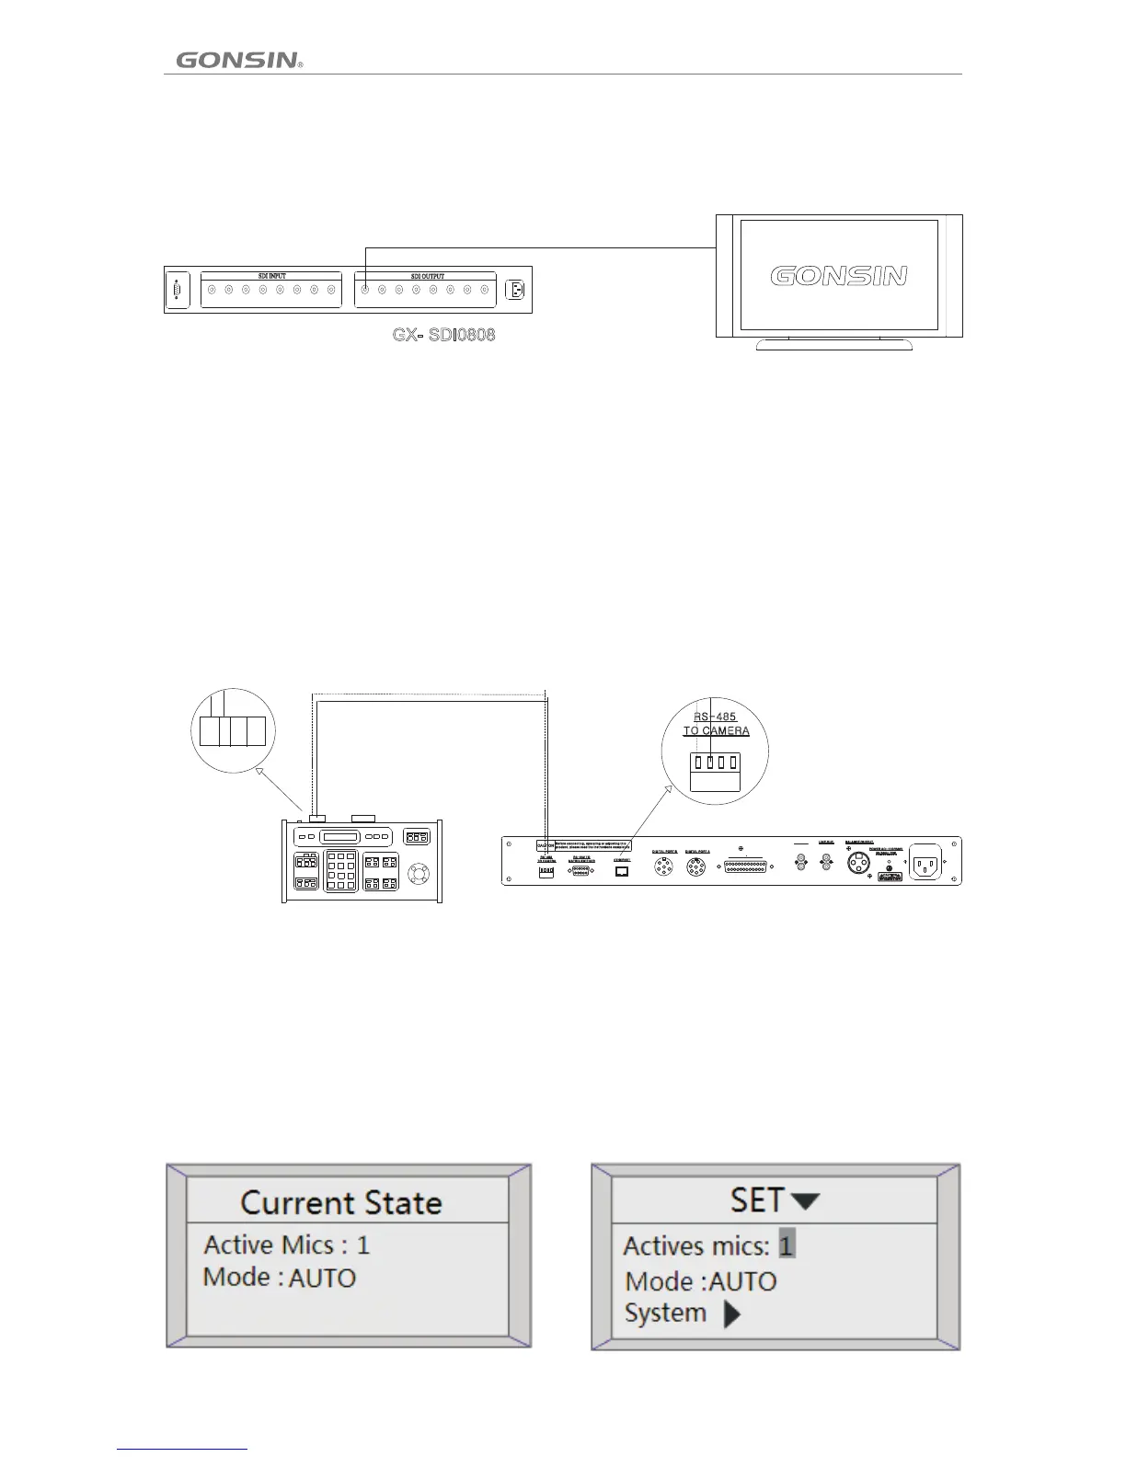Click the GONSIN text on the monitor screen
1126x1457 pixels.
coord(838,276)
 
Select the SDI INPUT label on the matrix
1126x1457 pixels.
coord(270,276)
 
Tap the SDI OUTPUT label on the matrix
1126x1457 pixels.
coord(427,276)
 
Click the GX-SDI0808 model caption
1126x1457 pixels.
coord(443,335)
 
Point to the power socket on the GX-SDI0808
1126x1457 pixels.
coord(515,291)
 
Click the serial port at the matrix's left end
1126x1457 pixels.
coord(177,291)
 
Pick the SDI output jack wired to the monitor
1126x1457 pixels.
coord(365,291)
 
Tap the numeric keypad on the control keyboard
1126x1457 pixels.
coord(340,870)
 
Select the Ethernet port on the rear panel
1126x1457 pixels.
coord(622,871)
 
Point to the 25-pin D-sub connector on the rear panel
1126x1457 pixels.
coord(744,866)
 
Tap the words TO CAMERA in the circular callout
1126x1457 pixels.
coord(716,731)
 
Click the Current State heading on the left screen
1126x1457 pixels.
coord(341,1203)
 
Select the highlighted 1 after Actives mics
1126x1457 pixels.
coord(787,1245)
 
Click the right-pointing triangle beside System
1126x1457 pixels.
coord(731,1314)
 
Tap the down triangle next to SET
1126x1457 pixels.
coord(805,1201)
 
